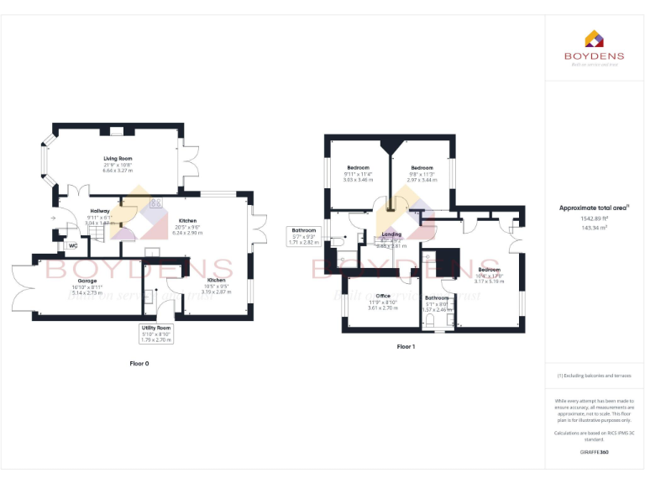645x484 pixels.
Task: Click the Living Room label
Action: [x=118, y=158]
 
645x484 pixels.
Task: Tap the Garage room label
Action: [x=87, y=281]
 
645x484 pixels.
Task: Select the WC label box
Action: [x=73, y=246]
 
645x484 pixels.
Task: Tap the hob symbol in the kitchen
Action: [x=155, y=203]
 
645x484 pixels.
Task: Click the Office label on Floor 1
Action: [x=383, y=296]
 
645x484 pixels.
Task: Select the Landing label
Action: [x=392, y=234]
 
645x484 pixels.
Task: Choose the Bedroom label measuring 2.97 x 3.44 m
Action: [x=422, y=168]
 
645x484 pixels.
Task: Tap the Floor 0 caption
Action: [x=139, y=363]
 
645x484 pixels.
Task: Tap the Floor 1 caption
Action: [x=406, y=346]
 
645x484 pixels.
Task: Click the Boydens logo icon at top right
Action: [x=595, y=38]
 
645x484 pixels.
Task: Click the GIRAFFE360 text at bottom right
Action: [x=595, y=452]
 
